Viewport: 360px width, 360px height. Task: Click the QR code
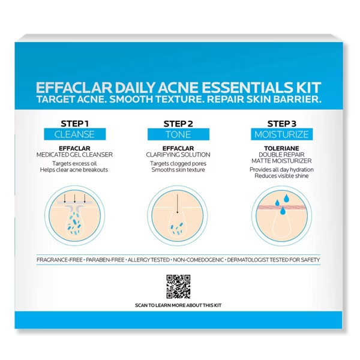click(178, 287)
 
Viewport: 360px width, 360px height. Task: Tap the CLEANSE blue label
click(75, 134)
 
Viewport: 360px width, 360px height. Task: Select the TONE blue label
click(178, 134)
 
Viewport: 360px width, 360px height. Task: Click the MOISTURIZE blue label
click(282, 134)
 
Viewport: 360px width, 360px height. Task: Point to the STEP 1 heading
click(74, 124)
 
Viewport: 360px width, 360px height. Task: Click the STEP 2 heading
click(178, 124)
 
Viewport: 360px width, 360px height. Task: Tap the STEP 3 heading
click(282, 124)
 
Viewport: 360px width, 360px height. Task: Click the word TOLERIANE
click(281, 148)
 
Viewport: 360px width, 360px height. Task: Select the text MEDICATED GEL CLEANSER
click(74, 155)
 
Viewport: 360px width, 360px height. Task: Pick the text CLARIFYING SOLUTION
click(178, 155)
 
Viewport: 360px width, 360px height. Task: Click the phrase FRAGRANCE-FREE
click(59, 260)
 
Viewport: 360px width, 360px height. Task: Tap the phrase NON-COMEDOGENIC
click(198, 260)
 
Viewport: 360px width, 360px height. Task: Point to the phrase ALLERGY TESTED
click(149, 260)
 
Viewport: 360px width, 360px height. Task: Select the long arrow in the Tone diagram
click(177, 204)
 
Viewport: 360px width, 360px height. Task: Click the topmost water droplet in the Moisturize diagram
click(286, 199)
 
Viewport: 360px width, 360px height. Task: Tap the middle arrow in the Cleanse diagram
click(74, 199)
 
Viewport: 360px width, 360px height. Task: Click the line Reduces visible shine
click(281, 176)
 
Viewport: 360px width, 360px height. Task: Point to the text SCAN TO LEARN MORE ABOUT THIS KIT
click(178, 305)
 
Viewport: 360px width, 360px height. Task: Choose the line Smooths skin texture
click(178, 170)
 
